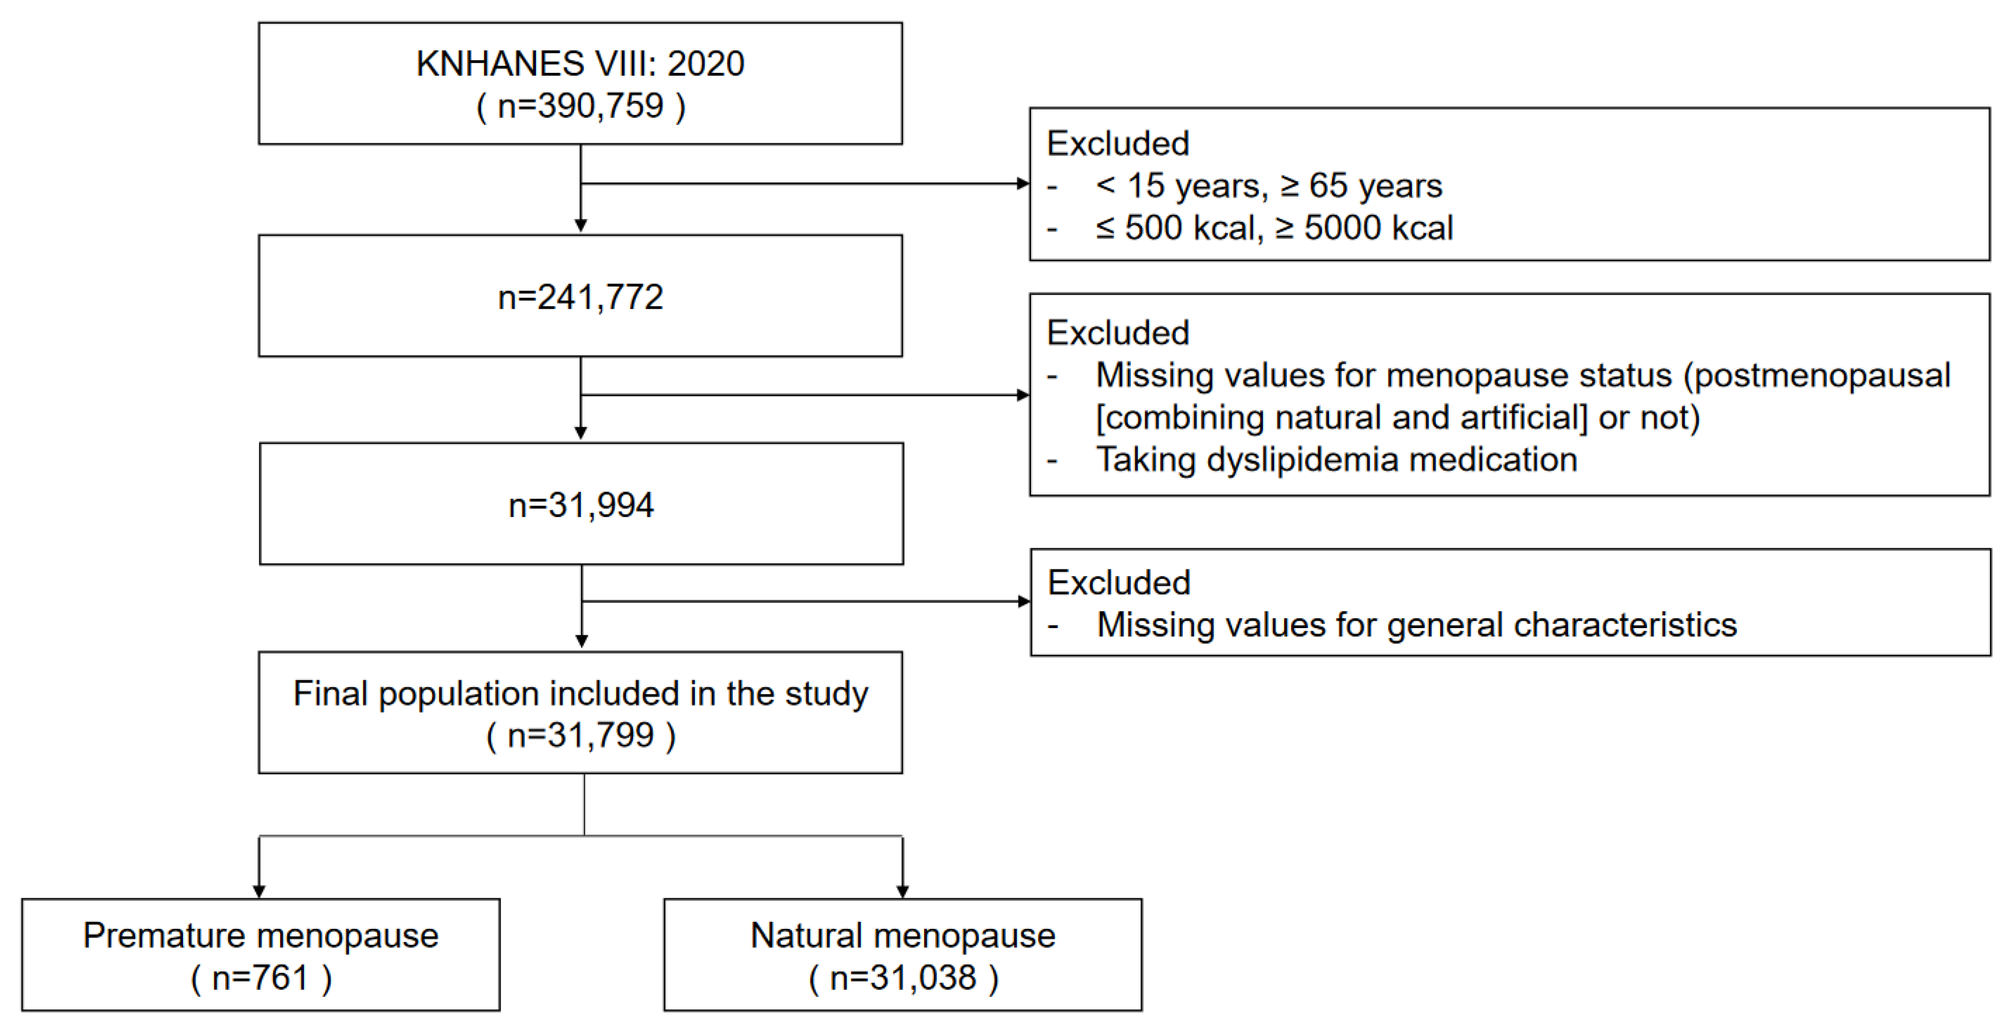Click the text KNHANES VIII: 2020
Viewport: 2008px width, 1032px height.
tap(580, 64)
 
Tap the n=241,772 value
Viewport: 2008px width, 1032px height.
tap(580, 297)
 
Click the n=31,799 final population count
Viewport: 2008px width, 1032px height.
tap(581, 735)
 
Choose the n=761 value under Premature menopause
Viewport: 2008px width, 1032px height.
tap(260, 978)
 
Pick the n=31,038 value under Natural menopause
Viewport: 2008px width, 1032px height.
tap(903, 978)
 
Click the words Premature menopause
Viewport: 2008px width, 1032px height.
tap(260, 936)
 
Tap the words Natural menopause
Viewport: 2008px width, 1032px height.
tap(903, 936)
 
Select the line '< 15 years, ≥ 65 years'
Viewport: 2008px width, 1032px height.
tap(1268, 185)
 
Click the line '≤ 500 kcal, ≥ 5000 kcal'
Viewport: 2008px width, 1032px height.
tap(1274, 227)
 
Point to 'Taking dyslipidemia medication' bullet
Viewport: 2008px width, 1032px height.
tap(1336, 459)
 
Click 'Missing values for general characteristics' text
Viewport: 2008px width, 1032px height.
tap(1417, 624)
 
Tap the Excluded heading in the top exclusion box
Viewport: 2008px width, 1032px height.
tap(1118, 143)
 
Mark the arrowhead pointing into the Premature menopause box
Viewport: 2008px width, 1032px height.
tap(260, 891)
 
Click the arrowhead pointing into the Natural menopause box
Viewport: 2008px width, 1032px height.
tap(903, 891)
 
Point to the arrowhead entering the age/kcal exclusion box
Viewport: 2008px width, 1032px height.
tap(1023, 184)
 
